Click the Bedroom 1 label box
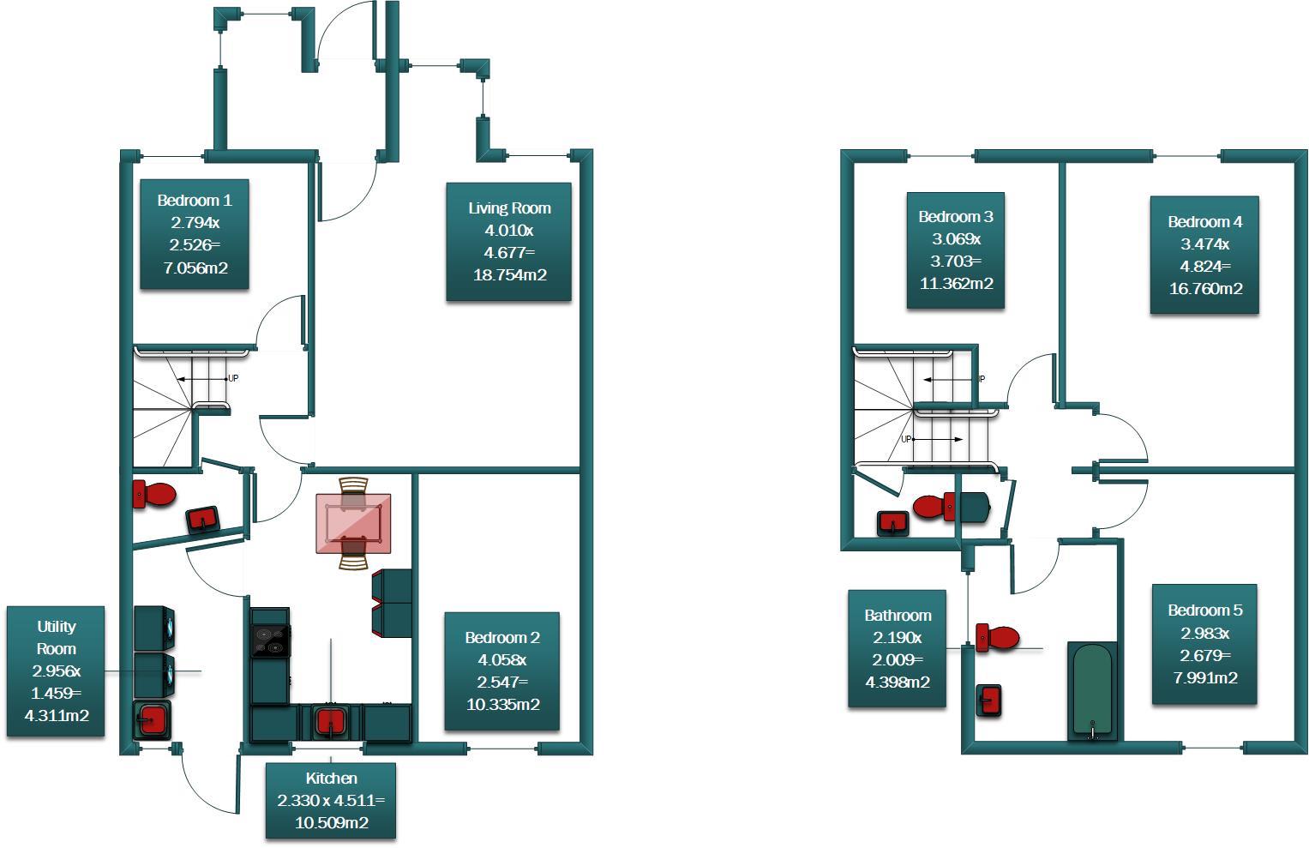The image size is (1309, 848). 195,234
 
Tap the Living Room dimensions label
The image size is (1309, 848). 508,242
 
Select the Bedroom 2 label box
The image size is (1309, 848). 502,671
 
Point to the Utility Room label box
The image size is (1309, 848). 56,671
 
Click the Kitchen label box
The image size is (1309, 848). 331,801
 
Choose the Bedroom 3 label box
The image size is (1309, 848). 956,250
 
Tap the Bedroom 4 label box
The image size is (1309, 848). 1204,256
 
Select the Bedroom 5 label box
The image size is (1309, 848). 1204,644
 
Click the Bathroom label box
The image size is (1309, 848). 898,648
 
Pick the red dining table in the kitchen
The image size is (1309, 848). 353,523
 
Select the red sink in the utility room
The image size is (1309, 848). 153,719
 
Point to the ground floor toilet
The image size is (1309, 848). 154,495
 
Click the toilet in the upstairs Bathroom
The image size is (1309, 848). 997,637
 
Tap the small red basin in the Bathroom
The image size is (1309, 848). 990,700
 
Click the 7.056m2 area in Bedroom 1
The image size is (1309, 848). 195,268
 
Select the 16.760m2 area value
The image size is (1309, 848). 1205,289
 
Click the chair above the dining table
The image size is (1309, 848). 353,485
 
